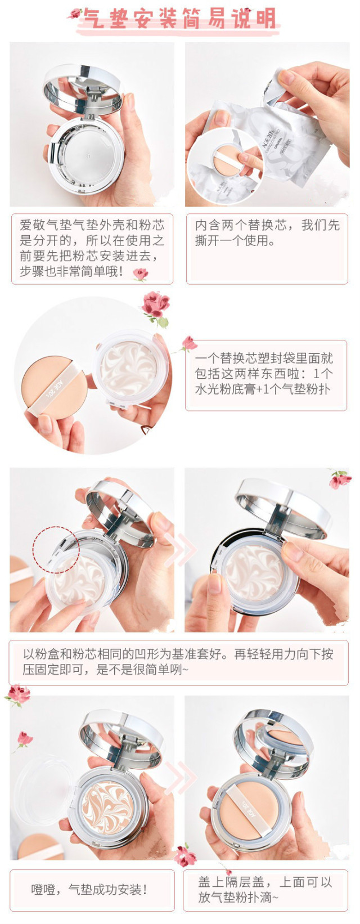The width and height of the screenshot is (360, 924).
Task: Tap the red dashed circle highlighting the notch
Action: (x=55, y=550)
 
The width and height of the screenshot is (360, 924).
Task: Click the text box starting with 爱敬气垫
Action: (x=92, y=248)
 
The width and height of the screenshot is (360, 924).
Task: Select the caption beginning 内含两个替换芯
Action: (x=267, y=233)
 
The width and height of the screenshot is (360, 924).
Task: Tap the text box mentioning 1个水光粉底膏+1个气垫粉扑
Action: (x=265, y=374)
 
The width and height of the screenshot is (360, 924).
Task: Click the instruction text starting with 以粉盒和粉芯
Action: (x=178, y=662)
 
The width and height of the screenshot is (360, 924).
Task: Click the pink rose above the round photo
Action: (x=155, y=307)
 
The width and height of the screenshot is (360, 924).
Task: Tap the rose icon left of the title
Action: (x=74, y=14)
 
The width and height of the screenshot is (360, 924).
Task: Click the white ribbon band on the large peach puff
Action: (x=56, y=388)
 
